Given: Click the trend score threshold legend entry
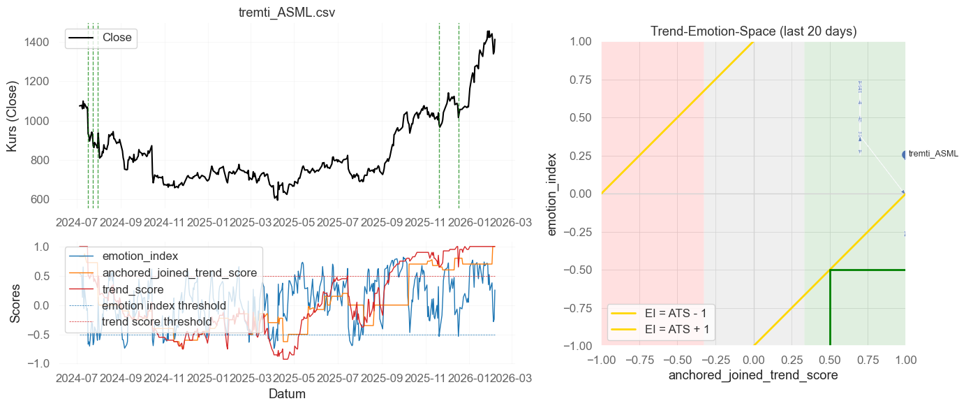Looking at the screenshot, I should click(156, 321).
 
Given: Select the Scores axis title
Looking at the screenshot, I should click(15, 305).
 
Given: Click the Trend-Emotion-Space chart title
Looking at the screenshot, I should click(753, 31).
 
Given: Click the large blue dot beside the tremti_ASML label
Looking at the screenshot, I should click(905, 155).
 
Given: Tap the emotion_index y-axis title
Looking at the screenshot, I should click(553, 194).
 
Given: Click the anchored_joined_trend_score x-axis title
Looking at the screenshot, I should click(753, 376).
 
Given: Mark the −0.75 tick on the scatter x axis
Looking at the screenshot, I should click(639, 358).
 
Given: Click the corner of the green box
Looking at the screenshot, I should click(830, 270).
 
